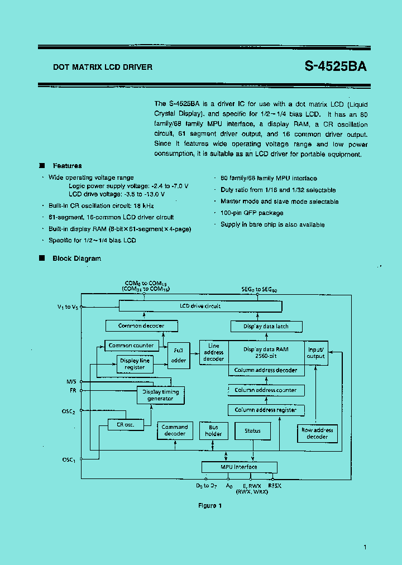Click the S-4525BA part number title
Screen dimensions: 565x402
click(336, 66)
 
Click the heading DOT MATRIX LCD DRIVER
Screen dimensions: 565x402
click(103, 67)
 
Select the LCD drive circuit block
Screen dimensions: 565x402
click(200, 307)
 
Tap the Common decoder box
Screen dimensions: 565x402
click(135, 326)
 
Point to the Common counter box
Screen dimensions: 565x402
click(131, 346)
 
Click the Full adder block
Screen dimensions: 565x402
click(179, 355)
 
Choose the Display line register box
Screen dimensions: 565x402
click(135, 364)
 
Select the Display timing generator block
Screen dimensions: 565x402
click(160, 395)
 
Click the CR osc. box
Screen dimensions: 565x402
click(125, 425)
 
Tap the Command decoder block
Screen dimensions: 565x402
click(175, 430)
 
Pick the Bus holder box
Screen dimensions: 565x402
click(213, 430)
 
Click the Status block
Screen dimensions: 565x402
click(252, 431)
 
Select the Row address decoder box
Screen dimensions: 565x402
click(317, 433)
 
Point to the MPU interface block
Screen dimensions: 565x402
click(239, 467)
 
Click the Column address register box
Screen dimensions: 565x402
click(266, 410)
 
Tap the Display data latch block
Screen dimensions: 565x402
click(266, 327)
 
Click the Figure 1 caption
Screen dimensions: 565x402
click(210, 506)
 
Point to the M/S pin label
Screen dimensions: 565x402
click(71, 382)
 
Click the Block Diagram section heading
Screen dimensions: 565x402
click(76, 258)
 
